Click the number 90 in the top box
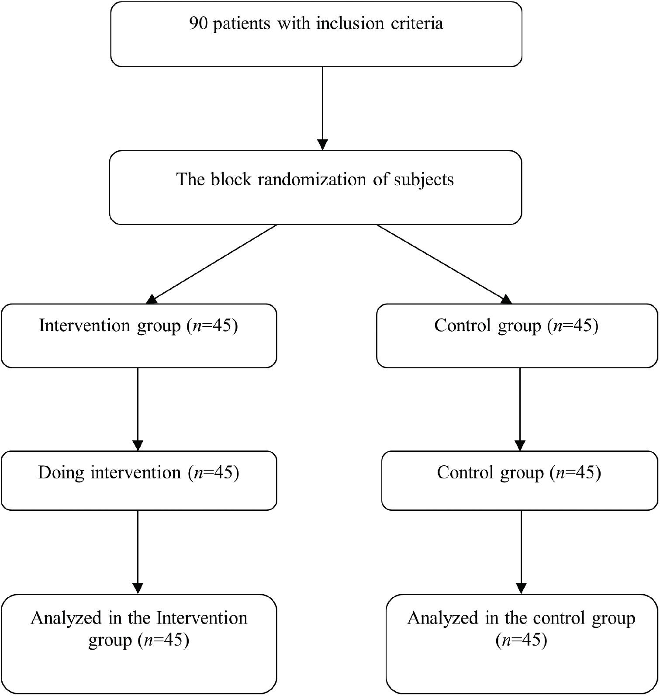coord(198,23)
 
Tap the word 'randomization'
coord(312,179)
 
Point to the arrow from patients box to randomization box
coord(322,108)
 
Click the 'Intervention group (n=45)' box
coord(139,336)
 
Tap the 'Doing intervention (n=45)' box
coord(139,481)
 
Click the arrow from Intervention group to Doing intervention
coord(138,409)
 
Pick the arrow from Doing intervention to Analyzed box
coord(138,552)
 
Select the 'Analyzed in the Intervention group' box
coord(139,644)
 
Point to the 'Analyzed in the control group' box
coord(522,644)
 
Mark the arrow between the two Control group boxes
coord(520,409)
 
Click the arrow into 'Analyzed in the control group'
coord(521,552)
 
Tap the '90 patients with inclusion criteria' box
coord(316,34)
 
